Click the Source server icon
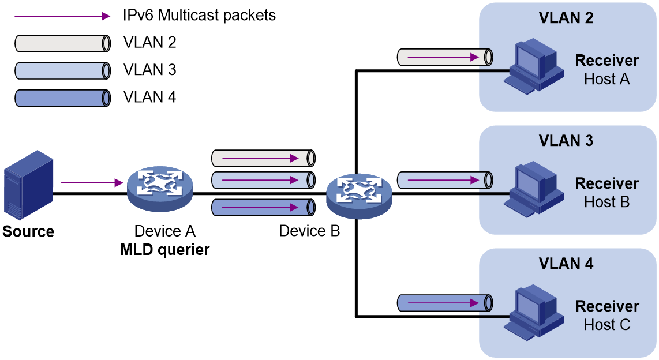click(x=29, y=185)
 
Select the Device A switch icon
click(x=160, y=188)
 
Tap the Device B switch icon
click(x=359, y=196)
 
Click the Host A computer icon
click(x=534, y=66)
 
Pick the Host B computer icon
click(x=534, y=189)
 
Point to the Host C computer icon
click(x=534, y=312)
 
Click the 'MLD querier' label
click(x=165, y=250)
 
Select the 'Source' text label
click(x=28, y=231)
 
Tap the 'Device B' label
click(x=309, y=231)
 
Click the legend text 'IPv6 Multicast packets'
click(x=199, y=16)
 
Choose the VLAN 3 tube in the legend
click(x=63, y=71)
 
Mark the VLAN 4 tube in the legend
click(x=63, y=98)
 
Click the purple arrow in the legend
click(x=62, y=16)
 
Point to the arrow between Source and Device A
click(x=92, y=183)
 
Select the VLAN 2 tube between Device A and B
click(x=263, y=159)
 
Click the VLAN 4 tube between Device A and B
click(x=263, y=208)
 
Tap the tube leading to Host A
click(x=445, y=57)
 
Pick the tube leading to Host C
click(x=445, y=303)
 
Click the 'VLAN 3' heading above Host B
click(x=566, y=141)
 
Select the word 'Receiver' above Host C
click(x=607, y=306)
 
